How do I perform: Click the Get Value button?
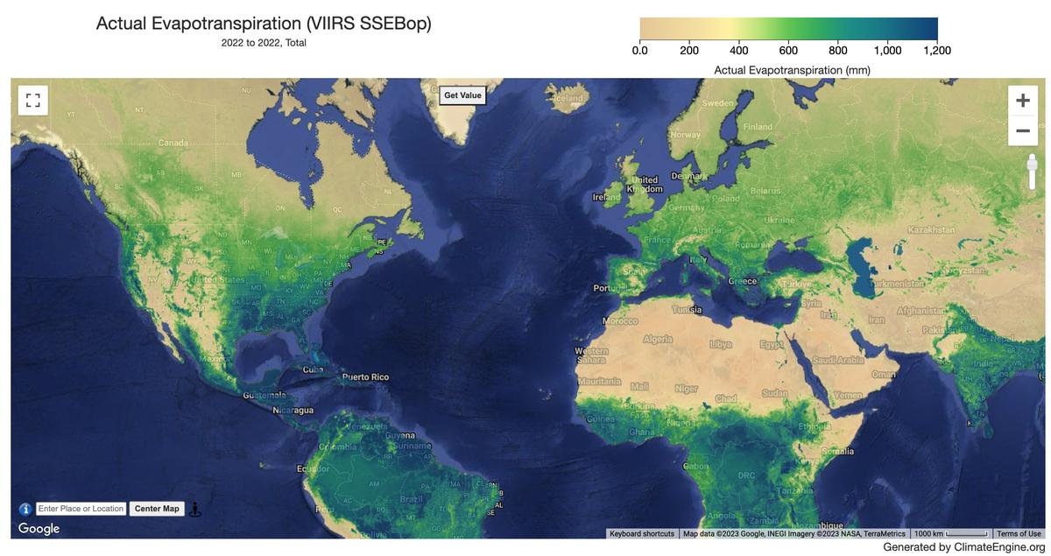point(462,95)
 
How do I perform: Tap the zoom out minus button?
point(1022,131)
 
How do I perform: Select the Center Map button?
point(157,509)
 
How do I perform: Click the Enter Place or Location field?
point(81,509)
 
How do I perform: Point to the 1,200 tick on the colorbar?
point(937,51)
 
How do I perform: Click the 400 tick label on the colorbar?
point(738,51)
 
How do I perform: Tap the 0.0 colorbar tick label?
point(640,51)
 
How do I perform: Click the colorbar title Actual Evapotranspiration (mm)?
point(792,69)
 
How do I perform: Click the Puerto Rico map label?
point(365,377)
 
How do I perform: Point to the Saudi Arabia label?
point(838,361)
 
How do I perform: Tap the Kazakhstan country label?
point(931,229)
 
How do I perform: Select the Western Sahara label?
point(591,355)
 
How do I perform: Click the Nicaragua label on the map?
point(293,410)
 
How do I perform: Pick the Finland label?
point(758,127)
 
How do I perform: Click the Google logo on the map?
point(39,529)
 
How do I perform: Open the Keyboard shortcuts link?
point(642,533)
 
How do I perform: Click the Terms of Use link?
point(1019,533)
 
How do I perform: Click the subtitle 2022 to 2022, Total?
point(264,43)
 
